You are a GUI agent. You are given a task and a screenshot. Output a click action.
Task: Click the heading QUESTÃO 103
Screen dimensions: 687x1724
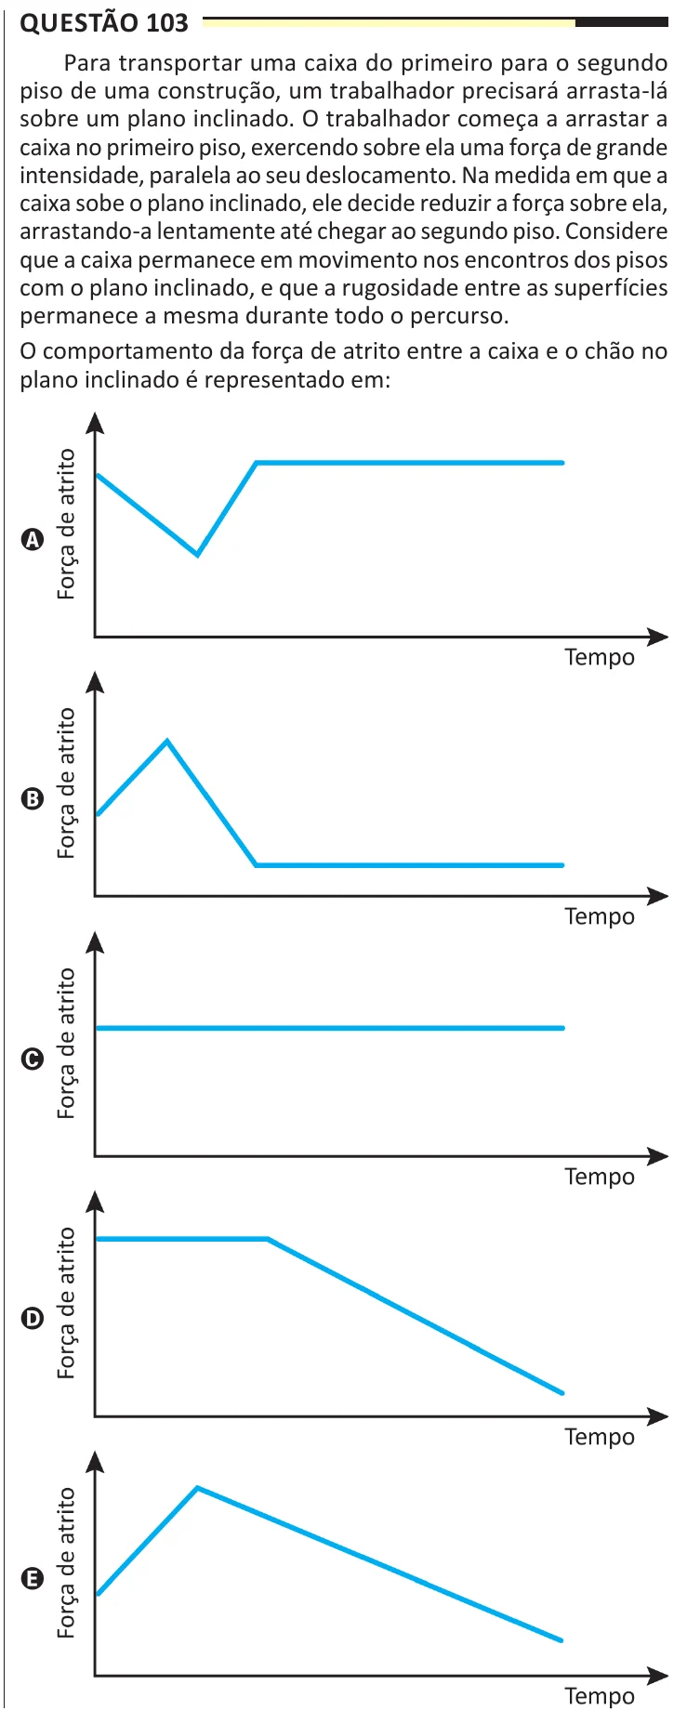point(104,22)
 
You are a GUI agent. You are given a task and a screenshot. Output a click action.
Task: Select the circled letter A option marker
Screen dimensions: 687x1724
point(32,540)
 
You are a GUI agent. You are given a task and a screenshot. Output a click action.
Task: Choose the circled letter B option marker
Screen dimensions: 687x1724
point(32,799)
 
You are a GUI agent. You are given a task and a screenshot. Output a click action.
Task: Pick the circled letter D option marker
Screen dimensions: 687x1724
point(32,1319)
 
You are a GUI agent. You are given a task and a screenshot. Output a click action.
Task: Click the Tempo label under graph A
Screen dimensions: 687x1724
point(600,658)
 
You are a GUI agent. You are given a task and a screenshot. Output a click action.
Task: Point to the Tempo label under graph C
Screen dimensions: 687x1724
point(600,1178)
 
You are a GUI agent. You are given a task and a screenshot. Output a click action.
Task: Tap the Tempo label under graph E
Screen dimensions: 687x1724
point(600,1697)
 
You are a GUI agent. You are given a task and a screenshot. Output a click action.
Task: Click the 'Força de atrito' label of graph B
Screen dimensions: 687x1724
point(66,783)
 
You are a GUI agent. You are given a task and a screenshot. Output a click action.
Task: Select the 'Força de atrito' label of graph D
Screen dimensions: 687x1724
point(66,1302)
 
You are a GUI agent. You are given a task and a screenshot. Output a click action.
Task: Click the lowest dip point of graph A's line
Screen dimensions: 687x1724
point(197,555)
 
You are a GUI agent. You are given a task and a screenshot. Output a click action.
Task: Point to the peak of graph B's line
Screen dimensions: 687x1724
point(166,741)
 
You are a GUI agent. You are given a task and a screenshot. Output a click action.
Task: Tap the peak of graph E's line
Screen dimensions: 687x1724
point(197,1488)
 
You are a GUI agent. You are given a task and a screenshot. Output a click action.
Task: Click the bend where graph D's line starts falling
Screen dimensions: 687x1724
point(268,1239)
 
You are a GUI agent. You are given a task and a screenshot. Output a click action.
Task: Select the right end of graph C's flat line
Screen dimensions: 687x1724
point(562,1028)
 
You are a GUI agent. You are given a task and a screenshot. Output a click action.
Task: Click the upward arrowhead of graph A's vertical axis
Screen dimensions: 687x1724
point(95,422)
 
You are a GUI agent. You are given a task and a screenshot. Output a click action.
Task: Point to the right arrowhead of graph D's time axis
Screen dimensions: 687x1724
point(658,1416)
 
